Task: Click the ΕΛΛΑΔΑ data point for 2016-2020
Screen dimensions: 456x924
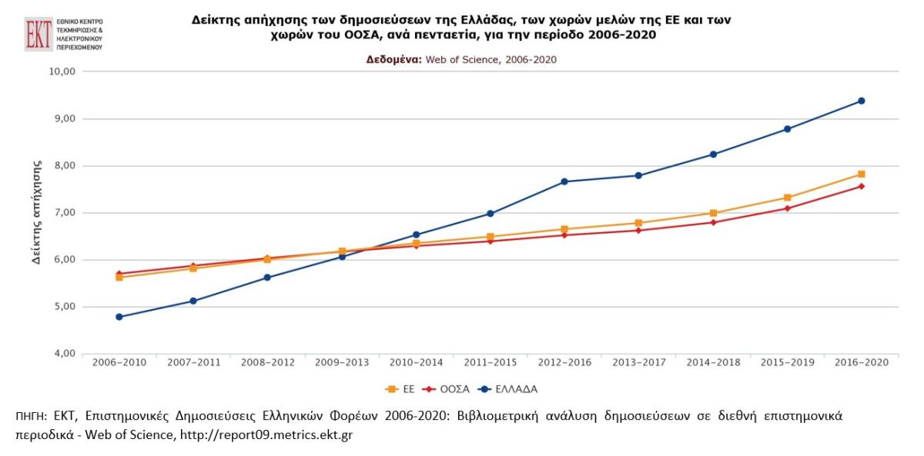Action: [861, 101]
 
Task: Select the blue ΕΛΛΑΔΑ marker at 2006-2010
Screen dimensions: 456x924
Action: [119, 317]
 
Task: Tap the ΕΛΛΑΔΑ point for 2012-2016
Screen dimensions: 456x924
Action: [564, 181]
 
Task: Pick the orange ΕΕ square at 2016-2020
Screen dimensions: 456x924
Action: [861, 175]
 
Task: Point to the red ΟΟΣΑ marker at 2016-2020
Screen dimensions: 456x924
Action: [861, 186]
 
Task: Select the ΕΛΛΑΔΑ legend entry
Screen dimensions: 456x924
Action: [507, 389]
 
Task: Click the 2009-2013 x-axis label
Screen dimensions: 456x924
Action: [341, 361]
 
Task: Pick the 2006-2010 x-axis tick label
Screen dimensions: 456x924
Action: [119, 361]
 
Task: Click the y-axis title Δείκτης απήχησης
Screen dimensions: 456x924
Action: [36, 213]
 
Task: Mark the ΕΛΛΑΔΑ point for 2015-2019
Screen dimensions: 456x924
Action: [787, 129]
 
